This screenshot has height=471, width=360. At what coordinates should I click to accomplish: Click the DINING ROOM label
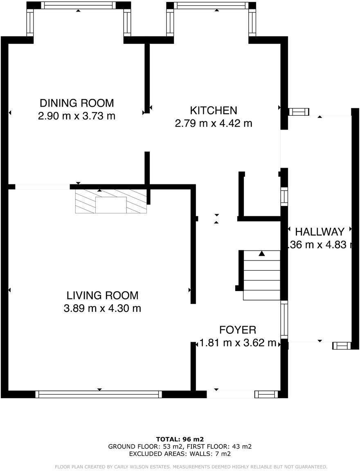coord(76,103)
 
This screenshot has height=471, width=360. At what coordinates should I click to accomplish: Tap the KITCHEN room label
coord(213,110)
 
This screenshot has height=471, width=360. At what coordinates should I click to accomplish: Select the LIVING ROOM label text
coord(102,295)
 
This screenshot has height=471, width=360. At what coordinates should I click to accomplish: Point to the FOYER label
coord(237,330)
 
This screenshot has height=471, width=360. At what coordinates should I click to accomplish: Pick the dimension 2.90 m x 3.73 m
coord(76,116)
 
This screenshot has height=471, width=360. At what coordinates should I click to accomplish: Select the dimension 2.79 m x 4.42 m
coord(213,123)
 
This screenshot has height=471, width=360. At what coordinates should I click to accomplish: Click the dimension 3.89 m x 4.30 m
coord(102,308)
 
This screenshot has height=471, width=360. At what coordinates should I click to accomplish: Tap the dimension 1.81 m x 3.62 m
coord(237,343)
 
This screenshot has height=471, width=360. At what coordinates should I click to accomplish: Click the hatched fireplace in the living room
coord(111,202)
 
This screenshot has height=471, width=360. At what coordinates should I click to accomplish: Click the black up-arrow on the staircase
coord(262,254)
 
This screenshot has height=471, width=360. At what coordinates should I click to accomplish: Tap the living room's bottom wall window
coord(99,394)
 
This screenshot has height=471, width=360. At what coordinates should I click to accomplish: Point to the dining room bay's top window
coord(78,5)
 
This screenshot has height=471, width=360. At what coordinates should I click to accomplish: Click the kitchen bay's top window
coord(211,5)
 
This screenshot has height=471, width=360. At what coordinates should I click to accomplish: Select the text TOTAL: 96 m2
coord(180,439)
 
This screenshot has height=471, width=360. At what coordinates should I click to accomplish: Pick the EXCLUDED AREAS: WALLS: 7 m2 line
coord(180,454)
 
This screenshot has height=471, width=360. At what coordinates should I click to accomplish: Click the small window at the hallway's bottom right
coord(341,346)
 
